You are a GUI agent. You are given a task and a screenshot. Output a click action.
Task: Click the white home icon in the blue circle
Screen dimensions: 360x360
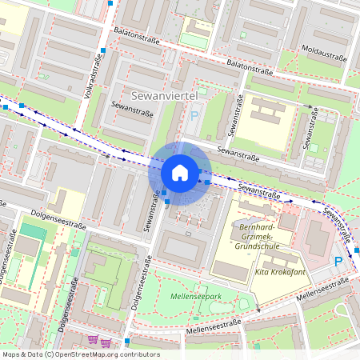coord(180,172)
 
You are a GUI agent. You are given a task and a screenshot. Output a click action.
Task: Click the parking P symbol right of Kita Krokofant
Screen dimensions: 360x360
coord(338,261)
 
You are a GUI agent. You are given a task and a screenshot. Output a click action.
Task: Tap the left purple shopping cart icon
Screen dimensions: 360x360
coord(93,340)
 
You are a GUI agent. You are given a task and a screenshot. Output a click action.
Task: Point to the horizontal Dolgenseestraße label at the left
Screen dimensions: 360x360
coord(58,212)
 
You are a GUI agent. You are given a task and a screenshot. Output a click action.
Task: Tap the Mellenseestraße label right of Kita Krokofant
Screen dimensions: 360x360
coord(324,291)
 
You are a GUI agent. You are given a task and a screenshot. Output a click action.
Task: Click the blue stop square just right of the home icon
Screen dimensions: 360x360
coord(207,182)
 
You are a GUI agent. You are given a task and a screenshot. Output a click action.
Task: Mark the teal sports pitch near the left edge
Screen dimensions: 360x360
coord(32,232)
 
